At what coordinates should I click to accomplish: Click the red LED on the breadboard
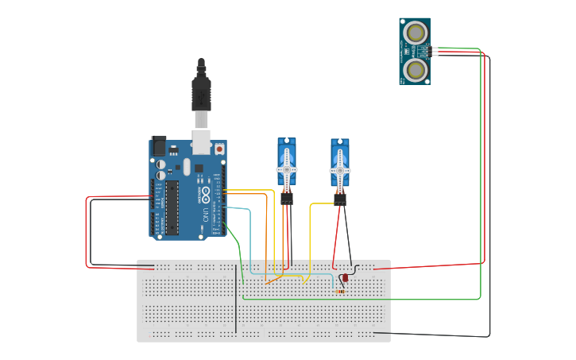(344, 279)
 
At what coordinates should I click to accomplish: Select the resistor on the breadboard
(340, 291)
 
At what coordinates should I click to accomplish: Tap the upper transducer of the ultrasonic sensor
(415, 33)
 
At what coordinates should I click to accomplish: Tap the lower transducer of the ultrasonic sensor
(415, 70)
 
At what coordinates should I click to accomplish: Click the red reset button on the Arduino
(219, 148)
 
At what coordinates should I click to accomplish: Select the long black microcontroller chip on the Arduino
(172, 207)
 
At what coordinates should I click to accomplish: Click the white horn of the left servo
(286, 170)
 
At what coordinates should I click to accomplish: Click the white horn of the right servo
(339, 171)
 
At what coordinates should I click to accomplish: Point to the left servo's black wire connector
(286, 199)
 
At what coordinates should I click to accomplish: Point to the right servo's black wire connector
(340, 200)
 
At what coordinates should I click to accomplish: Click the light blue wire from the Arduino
(250, 238)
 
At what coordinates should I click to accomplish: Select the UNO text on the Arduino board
(205, 213)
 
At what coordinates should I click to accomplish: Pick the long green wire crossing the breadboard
(358, 300)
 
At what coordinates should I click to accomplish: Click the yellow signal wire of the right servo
(310, 238)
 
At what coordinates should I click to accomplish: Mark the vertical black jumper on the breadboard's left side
(236, 294)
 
